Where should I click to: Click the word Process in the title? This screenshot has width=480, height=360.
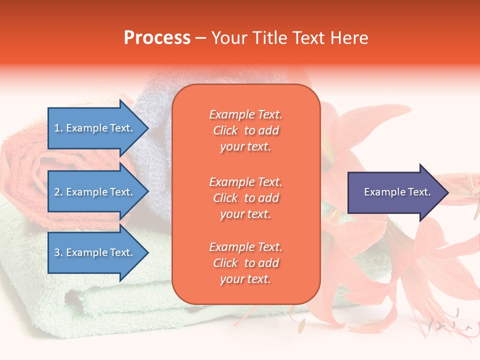point(157,38)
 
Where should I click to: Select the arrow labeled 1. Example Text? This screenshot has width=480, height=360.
point(95,128)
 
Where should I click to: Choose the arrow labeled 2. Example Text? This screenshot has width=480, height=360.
point(95,192)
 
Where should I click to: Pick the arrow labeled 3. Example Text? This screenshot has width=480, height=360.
point(95,252)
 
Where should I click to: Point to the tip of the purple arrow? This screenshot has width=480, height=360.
point(447,192)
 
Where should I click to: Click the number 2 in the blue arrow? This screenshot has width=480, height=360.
point(57,192)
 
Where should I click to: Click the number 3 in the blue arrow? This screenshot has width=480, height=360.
point(57,252)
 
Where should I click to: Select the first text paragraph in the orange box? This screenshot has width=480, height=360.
point(245,130)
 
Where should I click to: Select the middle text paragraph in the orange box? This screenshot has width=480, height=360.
point(245,198)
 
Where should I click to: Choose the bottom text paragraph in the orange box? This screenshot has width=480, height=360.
point(245,263)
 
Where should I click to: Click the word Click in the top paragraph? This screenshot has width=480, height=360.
point(225,130)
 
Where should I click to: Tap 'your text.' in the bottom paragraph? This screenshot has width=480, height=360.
point(245,279)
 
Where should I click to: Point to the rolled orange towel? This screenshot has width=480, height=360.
point(25,165)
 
